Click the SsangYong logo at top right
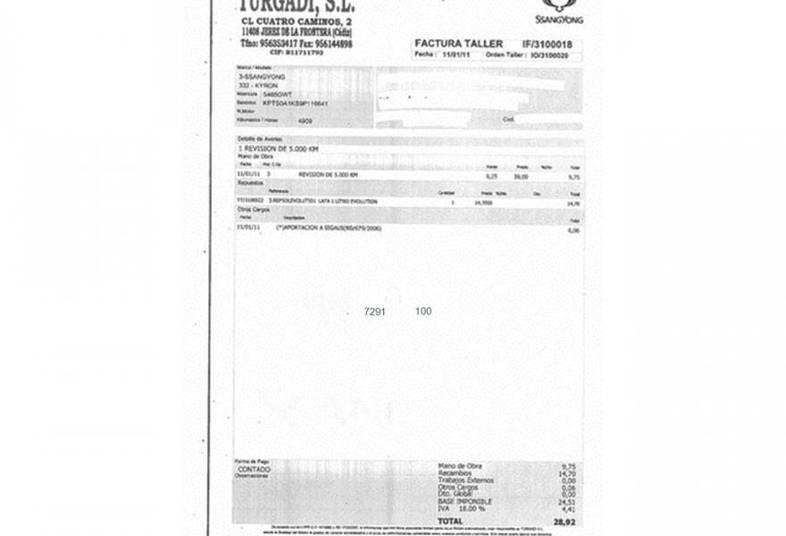[x=559, y=11]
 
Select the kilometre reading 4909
[x=305, y=120]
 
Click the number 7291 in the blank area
[x=374, y=312]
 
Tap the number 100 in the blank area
[x=423, y=311]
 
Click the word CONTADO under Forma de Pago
[x=254, y=468]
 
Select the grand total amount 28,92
[x=564, y=521]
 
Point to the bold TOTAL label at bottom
[x=451, y=521]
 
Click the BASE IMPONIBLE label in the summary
[x=459, y=502]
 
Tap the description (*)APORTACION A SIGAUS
[x=329, y=228]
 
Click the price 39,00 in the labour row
[x=521, y=176]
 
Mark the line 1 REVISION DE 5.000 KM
[x=278, y=148]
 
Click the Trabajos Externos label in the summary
[x=464, y=480]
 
